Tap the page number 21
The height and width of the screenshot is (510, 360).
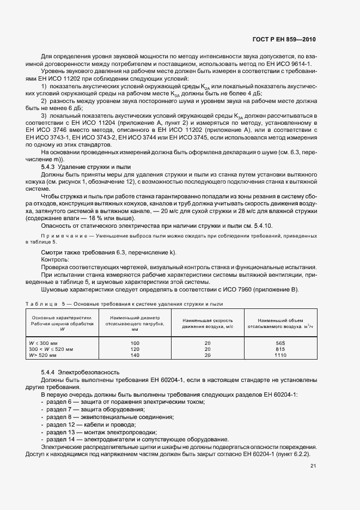click(313, 466)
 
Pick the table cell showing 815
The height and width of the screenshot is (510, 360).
click(280, 348)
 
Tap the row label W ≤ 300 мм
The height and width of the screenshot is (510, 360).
click(45, 342)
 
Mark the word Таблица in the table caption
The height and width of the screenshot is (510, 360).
click(42, 303)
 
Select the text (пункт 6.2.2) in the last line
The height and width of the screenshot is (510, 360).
click(295, 454)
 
